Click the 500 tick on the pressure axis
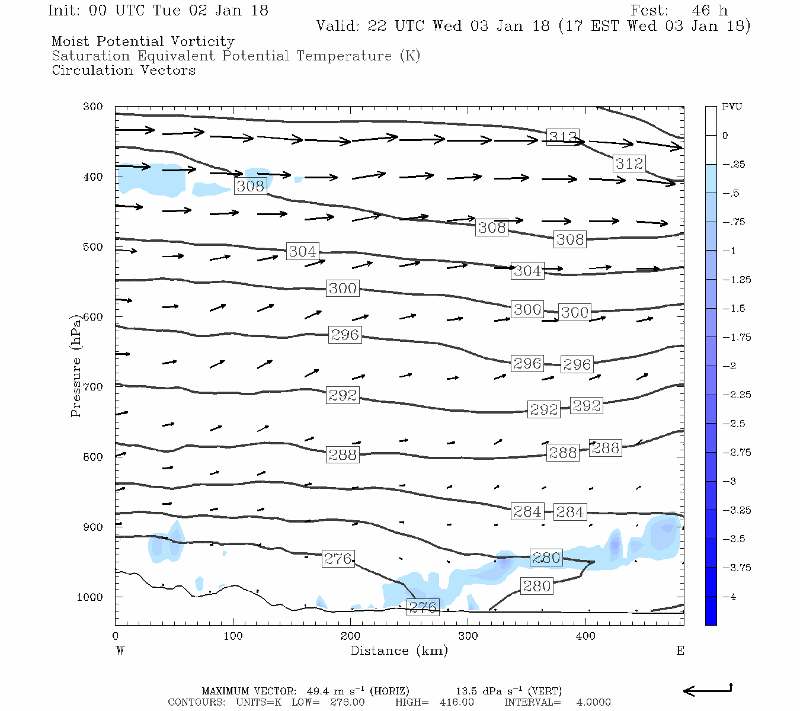(x=93, y=247)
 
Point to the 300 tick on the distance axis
(x=468, y=636)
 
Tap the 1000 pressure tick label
(x=89, y=597)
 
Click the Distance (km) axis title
(x=399, y=651)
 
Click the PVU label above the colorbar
(x=732, y=107)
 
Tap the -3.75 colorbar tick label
(x=737, y=568)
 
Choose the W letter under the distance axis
(x=120, y=651)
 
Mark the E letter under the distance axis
(x=680, y=651)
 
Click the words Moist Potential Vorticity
(x=143, y=41)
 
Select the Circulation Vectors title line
(x=123, y=71)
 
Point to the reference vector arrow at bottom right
(x=708, y=690)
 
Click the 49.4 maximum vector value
(x=317, y=691)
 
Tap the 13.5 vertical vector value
(x=465, y=691)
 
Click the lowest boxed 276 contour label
(x=423, y=607)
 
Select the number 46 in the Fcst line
(x=700, y=11)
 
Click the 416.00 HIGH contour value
(x=456, y=702)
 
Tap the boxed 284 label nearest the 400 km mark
(x=570, y=512)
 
